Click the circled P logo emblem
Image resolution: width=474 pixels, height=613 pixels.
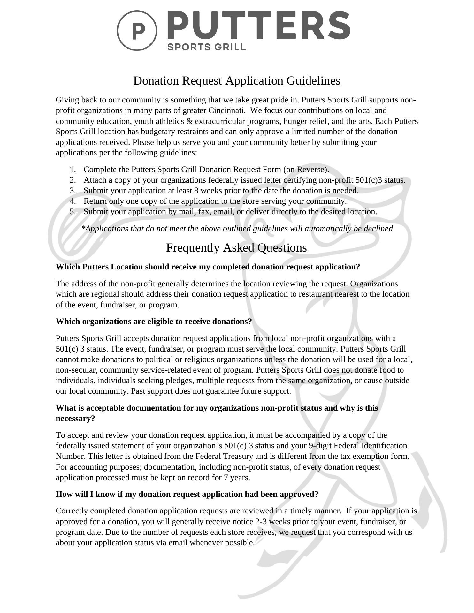[x=137, y=30]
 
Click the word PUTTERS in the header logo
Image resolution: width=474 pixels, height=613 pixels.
[x=258, y=26]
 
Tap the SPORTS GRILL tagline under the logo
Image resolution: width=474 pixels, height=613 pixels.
[x=206, y=47]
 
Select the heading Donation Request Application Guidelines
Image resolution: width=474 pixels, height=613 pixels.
[x=237, y=81]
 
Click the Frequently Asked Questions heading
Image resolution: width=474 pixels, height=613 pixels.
[x=237, y=248]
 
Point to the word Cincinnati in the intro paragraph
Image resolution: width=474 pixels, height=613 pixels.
[x=227, y=110]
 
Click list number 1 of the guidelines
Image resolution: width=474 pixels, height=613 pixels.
[x=73, y=170]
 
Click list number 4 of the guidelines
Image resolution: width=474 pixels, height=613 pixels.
[x=73, y=201]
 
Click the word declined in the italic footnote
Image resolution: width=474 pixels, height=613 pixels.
[x=378, y=229]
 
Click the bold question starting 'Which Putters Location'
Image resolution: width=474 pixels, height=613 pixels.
[x=208, y=267]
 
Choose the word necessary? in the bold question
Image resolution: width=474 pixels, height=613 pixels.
[x=75, y=419]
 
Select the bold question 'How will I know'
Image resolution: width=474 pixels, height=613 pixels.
[x=187, y=494]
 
